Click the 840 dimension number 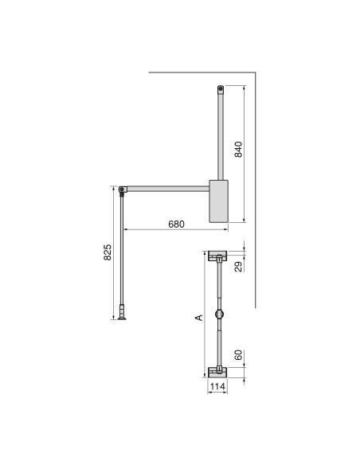[237, 149]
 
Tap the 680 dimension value [175, 225]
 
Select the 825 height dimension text [108, 253]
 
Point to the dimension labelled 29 [237, 268]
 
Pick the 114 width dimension [217, 387]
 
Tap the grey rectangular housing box [218, 201]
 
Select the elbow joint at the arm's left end [122, 190]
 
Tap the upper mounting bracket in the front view [217, 256]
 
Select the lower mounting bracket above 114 [217, 371]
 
